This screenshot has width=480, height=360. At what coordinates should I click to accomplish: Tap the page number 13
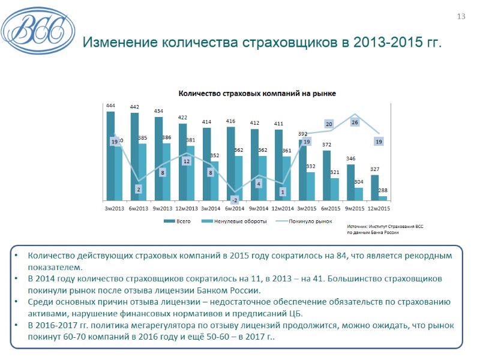(x=461, y=16)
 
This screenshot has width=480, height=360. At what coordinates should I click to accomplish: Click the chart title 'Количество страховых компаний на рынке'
(x=255, y=94)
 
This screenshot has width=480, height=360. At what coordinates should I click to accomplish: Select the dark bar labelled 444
(x=110, y=156)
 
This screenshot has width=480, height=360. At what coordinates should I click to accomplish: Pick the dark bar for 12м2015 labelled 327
(x=374, y=187)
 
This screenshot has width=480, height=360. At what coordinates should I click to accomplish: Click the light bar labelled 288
(x=383, y=198)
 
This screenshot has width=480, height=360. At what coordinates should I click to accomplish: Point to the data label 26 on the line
(x=355, y=122)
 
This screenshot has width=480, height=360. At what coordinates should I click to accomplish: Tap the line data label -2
(x=235, y=200)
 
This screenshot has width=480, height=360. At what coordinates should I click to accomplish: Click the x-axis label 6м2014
(x=235, y=208)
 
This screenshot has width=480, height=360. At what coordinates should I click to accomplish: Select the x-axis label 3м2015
(x=307, y=208)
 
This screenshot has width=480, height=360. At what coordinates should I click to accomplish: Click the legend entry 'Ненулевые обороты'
(x=237, y=221)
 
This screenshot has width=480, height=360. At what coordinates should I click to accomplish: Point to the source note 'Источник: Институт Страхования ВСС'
(x=385, y=227)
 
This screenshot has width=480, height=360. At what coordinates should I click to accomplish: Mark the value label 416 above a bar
(x=230, y=121)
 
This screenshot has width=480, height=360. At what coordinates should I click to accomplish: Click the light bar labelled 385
(x=142, y=172)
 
